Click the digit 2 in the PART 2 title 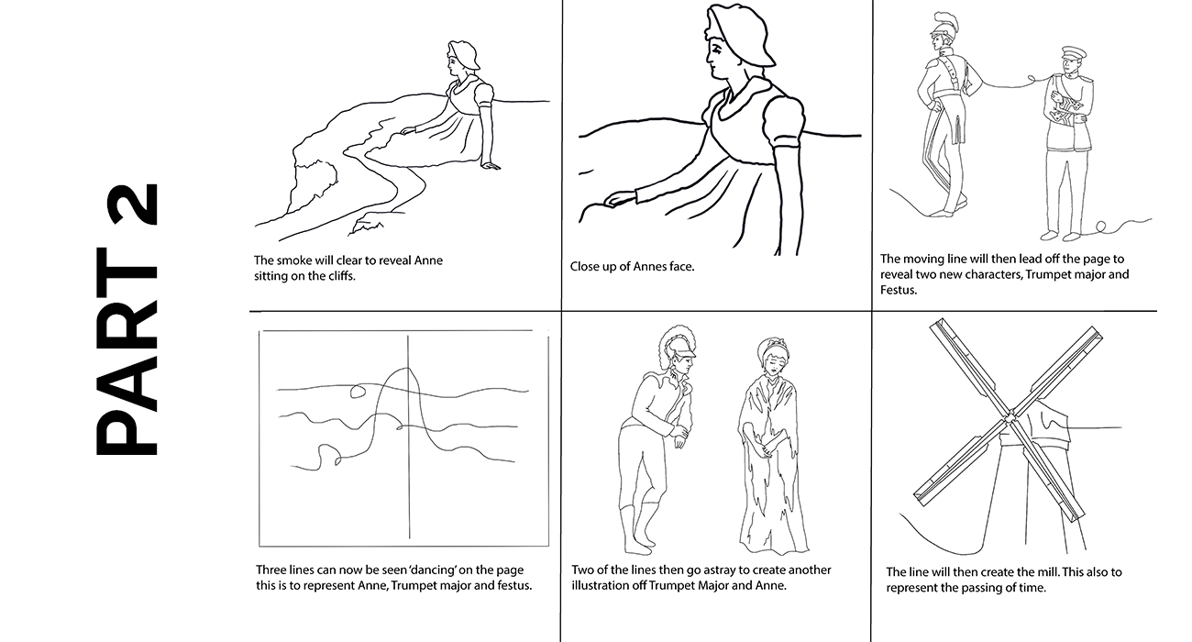127,205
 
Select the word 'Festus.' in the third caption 899,290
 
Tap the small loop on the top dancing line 358,393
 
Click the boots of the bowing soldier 638,528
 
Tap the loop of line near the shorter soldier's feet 1098,227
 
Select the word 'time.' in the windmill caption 1032,588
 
